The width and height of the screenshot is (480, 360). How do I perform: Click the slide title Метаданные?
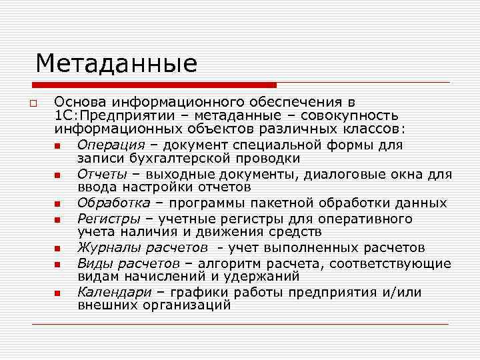click(x=117, y=64)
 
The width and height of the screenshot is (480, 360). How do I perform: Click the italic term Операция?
click(x=111, y=145)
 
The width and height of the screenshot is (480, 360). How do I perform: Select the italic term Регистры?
click(x=109, y=219)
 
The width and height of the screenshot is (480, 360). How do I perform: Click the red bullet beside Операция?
click(x=58, y=146)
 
